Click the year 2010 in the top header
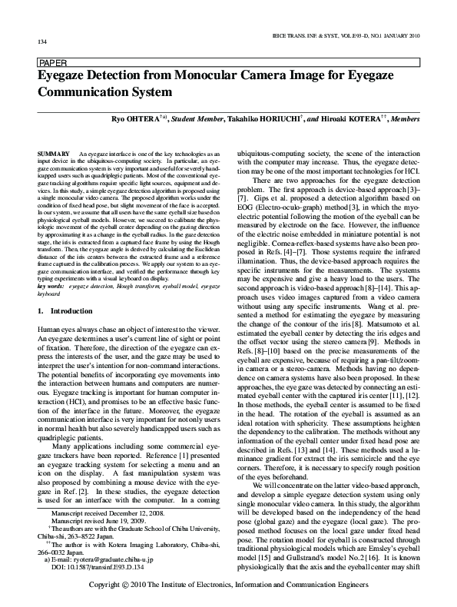tap(411, 35)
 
